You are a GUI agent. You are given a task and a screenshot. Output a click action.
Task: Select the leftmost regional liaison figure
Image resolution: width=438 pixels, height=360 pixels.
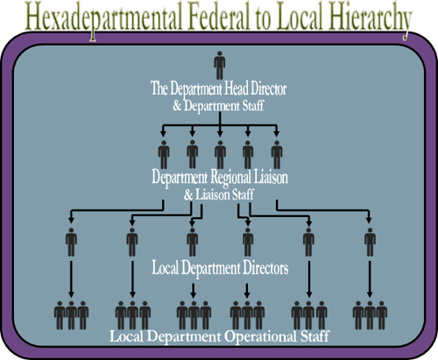[x=164, y=154]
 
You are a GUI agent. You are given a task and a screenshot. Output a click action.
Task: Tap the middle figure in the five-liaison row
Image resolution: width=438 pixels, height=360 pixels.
[x=220, y=154]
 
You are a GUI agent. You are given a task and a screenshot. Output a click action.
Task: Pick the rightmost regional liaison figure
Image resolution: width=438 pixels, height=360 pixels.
[x=277, y=154]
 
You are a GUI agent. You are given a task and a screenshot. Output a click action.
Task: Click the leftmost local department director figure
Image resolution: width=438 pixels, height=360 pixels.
[x=70, y=242]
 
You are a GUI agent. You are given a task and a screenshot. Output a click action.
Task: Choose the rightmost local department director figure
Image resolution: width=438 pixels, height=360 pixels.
[x=370, y=242]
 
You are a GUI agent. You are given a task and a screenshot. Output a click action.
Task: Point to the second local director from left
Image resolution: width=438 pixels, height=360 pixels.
[x=131, y=242]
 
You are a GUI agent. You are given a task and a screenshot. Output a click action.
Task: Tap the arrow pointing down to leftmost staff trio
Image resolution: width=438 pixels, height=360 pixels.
[x=70, y=280]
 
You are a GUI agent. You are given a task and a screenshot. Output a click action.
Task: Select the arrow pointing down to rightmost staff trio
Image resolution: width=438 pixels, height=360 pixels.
[x=370, y=280]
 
